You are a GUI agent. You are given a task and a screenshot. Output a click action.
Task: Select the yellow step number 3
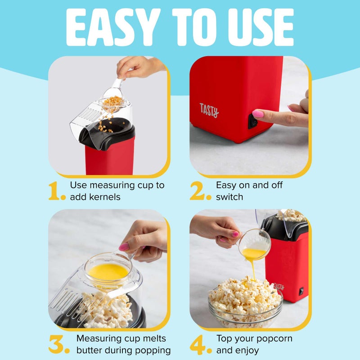(x=58, y=345)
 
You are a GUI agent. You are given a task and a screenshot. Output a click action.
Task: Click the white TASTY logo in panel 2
(x=209, y=110)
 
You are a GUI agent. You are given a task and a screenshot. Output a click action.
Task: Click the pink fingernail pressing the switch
(x=258, y=114)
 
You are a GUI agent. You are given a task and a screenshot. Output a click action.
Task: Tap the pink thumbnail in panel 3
(x=124, y=247)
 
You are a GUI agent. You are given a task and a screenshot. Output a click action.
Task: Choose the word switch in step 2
(x=229, y=197)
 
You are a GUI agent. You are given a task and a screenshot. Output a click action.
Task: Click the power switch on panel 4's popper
(x=301, y=292)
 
